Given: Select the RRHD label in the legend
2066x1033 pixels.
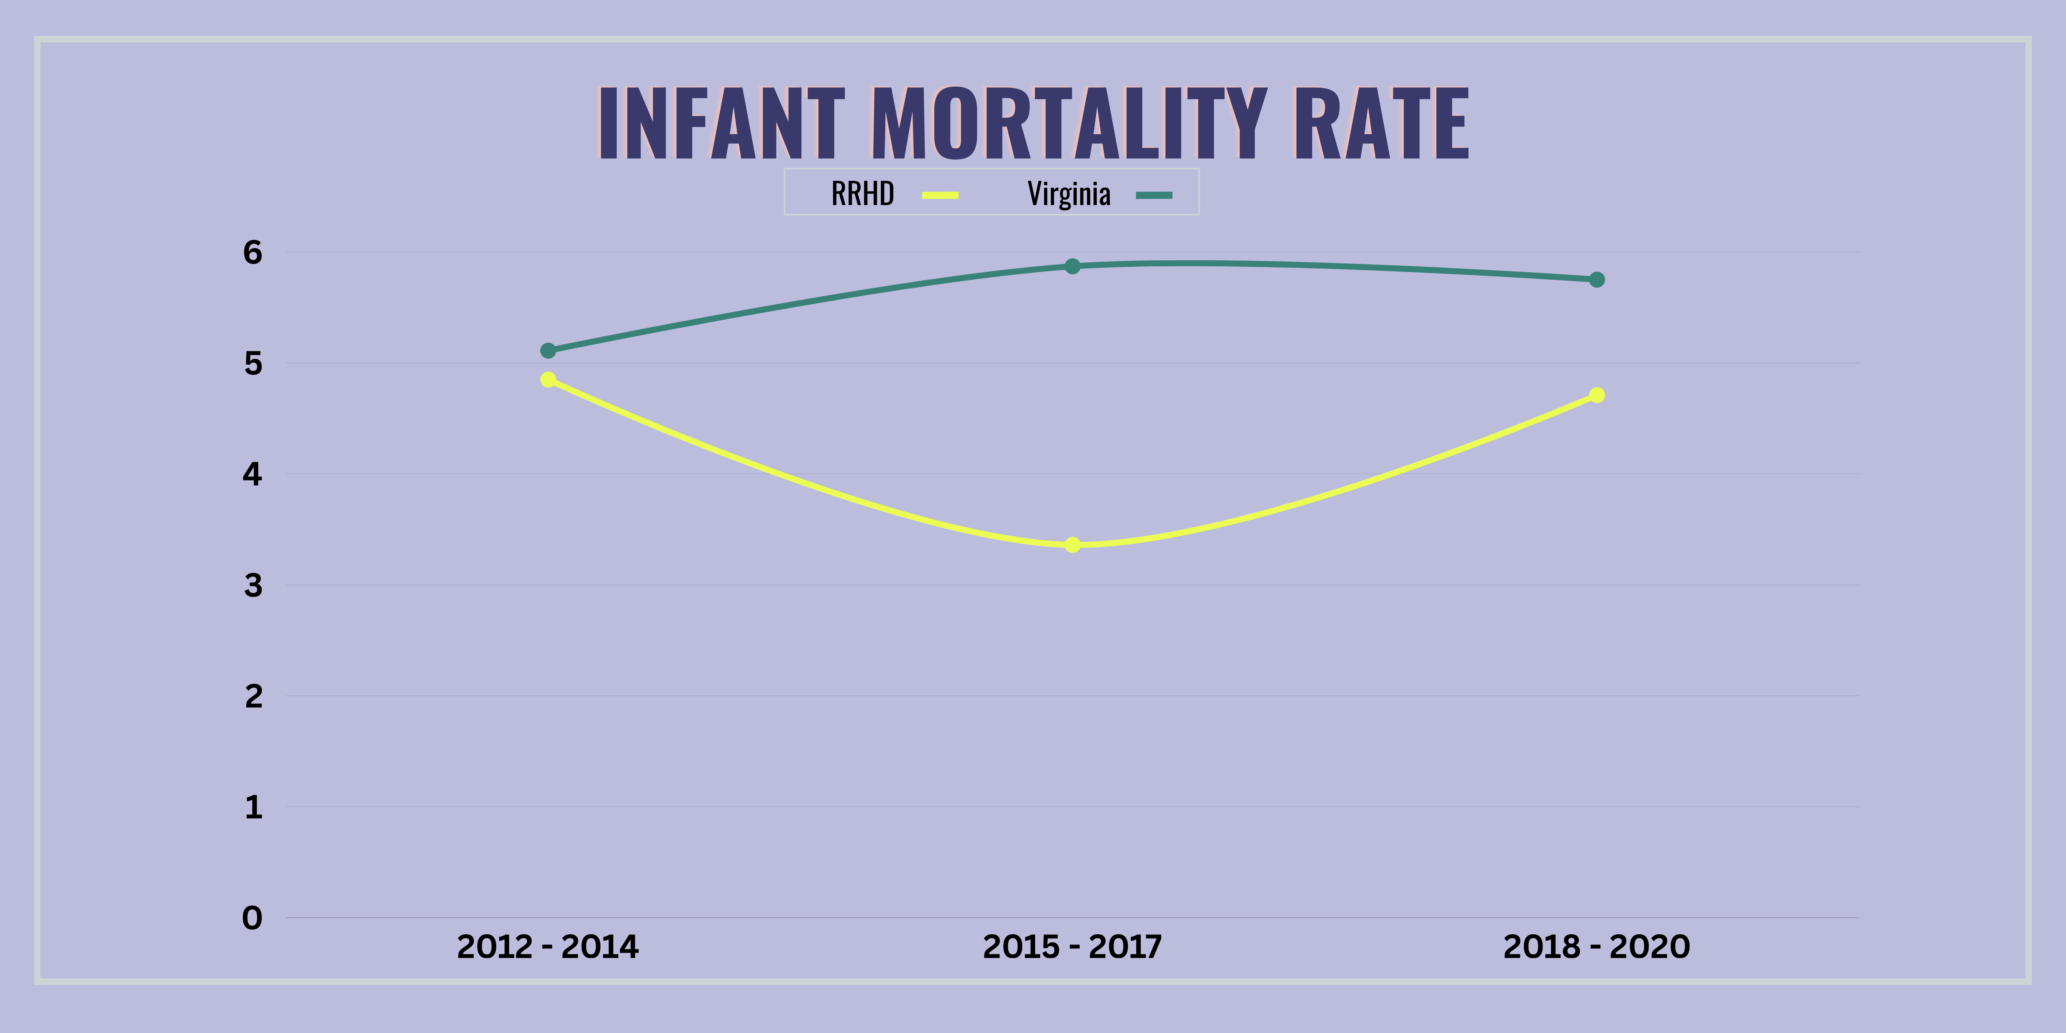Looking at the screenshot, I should tap(862, 194).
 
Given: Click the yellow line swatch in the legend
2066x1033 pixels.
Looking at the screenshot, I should tap(940, 195).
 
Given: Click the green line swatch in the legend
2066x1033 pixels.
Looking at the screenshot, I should tap(1154, 195).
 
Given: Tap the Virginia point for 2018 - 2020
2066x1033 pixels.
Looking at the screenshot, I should tap(1597, 279).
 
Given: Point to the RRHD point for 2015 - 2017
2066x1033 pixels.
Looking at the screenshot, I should tap(1072, 545).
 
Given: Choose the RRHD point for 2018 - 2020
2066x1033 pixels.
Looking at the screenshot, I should tap(1597, 395).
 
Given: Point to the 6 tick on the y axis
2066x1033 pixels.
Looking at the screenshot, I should tap(253, 253).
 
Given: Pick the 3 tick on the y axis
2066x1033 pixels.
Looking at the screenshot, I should tap(253, 586).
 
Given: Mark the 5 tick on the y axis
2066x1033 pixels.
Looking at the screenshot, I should tap(253, 363).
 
